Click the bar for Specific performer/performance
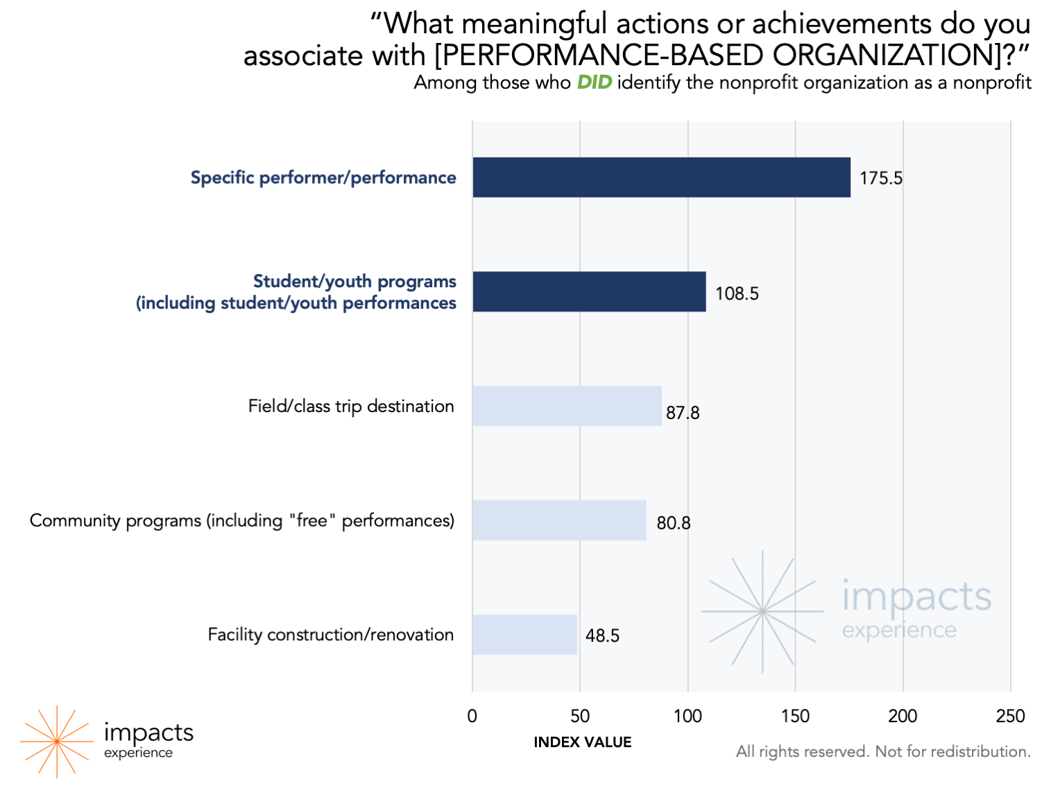pyautogui.click(x=661, y=178)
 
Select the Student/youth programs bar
pyautogui.click(x=589, y=291)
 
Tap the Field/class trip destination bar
pyautogui.click(x=567, y=406)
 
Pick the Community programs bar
pyautogui.click(x=559, y=520)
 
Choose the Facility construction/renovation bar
pyautogui.click(x=524, y=635)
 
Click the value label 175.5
pyautogui.click(x=881, y=178)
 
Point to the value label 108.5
pyautogui.click(x=737, y=293)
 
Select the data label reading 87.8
pyautogui.click(x=683, y=413)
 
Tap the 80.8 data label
pyautogui.click(x=674, y=523)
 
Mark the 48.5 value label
pyautogui.click(x=602, y=635)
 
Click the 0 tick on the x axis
pyautogui.click(x=472, y=716)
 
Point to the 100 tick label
pyautogui.click(x=687, y=716)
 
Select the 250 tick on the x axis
pyautogui.click(x=1010, y=716)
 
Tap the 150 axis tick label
pyautogui.click(x=795, y=716)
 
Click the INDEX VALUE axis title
pyautogui.click(x=583, y=742)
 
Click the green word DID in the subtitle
pyautogui.click(x=595, y=83)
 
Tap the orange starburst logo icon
pyautogui.click(x=56, y=742)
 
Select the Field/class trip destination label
pyautogui.click(x=351, y=406)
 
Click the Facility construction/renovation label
pyautogui.click(x=331, y=635)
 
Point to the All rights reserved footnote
pyautogui.click(x=883, y=751)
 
